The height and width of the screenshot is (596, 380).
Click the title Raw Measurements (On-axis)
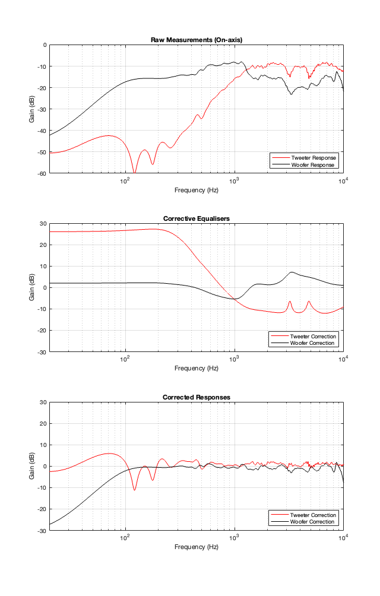[x=196, y=40]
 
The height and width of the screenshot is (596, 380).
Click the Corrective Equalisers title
[x=196, y=219]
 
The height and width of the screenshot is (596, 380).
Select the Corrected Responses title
[x=196, y=397]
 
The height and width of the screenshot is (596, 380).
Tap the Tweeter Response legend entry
[x=313, y=158]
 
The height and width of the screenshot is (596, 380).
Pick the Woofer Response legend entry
[x=313, y=164]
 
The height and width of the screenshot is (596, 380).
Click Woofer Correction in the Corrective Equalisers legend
[x=313, y=343]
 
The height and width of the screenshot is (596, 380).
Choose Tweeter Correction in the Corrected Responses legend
[x=313, y=515]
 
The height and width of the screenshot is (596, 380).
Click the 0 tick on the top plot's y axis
[x=44, y=45]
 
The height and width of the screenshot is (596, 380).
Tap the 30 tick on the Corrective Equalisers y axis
[x=43, y=223]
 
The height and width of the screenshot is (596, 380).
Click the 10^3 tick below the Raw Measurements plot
[x=235, y=180]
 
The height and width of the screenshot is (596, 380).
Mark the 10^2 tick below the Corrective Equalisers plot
[x=125, y=359]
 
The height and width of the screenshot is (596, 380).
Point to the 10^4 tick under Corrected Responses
[x=343, y=538]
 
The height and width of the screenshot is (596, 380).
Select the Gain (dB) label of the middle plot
[x=32, y=287]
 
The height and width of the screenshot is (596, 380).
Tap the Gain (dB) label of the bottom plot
[x=32, y=466]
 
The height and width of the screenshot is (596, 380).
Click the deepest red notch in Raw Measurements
[x=134, y=172]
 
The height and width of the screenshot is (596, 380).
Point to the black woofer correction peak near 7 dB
[x=292, y=272]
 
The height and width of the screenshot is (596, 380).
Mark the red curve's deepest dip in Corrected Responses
[x=134, y=490]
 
